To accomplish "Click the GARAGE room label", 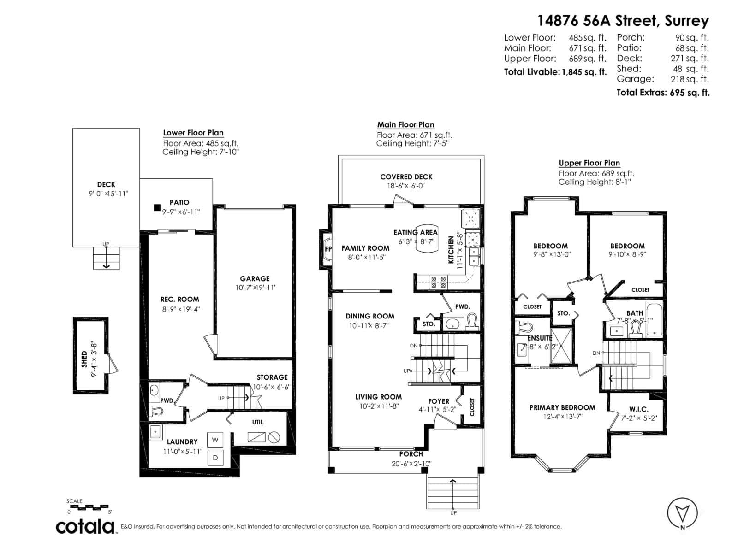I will [255, 278].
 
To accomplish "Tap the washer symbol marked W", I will [215, 440].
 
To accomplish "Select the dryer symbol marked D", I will [215, 458].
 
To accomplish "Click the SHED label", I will [84, 359].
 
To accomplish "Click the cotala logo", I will [85, 526].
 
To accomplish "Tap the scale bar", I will [87, 507].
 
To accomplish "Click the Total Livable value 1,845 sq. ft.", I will [584, 72].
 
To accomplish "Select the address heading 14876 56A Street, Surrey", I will [623, 21].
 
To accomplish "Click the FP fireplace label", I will [328, 249].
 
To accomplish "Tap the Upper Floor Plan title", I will [589, 163].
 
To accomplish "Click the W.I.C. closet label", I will [638, 409].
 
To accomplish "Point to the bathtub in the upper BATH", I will [654, 319].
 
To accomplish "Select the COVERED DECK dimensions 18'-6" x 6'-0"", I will [406, 186].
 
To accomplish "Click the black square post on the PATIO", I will [157, 208].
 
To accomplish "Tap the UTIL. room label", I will [258, 422].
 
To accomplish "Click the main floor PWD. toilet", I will [471, 321].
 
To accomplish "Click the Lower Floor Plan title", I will [193, 133].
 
